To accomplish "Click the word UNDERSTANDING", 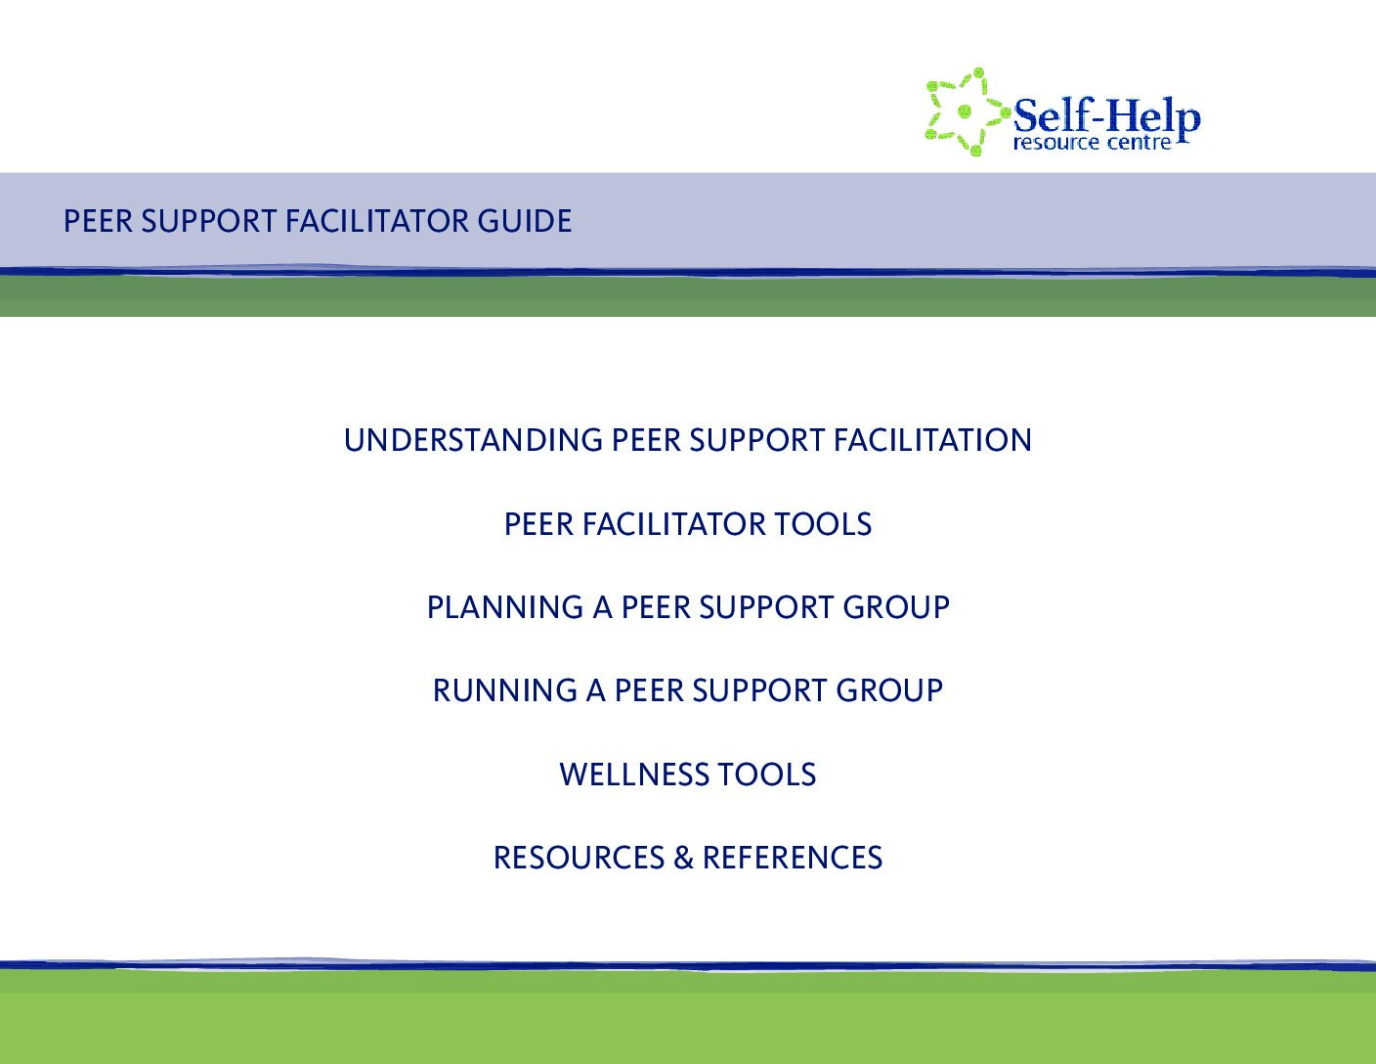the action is click(x=473, y=440).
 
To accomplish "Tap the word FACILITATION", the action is click(x=932, y=440).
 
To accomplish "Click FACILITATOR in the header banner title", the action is click(x=376, y=221).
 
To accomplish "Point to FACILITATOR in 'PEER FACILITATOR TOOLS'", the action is click(x=673, y=524).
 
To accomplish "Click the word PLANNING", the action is click(x=504, y=607).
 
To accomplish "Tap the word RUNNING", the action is click(x=504, y=690).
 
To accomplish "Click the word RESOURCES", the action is click(x=579, y=858).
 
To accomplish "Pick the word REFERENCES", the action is click(x=793, y=858).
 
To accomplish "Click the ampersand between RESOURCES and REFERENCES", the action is click(x=683, y=858).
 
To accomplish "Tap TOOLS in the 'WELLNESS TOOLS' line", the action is click(x=766, y=775).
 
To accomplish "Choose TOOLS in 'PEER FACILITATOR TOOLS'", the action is click(x=823, y=524).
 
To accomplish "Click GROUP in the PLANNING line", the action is click(x=896, y=607).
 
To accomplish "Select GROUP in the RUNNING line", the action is click(x=889, y=690).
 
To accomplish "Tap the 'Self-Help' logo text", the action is click(x=1106, y=116).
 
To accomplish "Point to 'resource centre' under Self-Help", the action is click(x=1093, y=142).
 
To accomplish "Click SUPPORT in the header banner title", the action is click(x=209, y=221).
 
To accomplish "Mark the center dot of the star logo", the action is click(x=965, y=111).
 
